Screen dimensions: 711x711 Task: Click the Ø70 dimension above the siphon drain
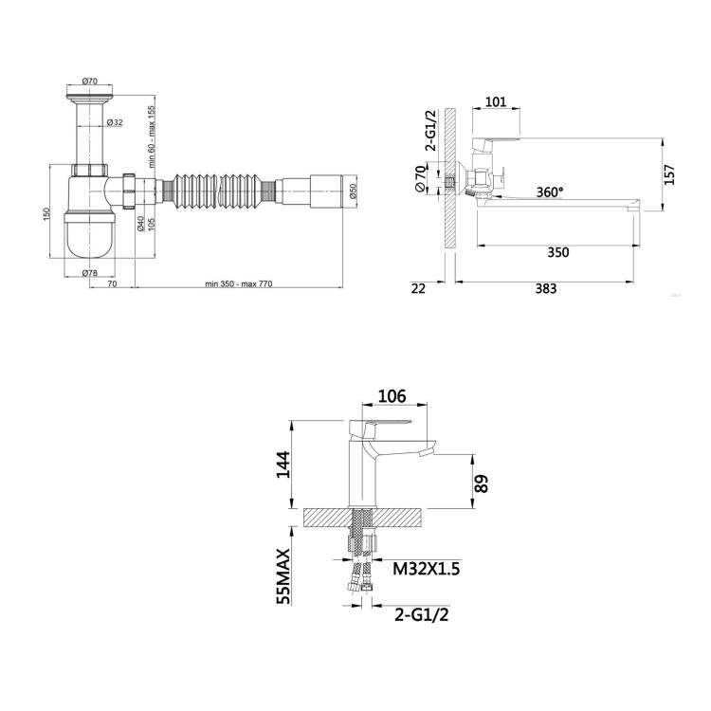(x=90, y=82)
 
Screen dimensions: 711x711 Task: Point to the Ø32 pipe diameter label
(x=115, y=122)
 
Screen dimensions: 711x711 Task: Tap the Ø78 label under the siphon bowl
(x=90, y=273)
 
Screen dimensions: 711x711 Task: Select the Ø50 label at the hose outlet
(x=354, y=191)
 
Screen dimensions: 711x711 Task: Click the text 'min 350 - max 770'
(x=239, y=283)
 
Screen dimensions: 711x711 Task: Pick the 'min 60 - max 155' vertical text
(x=152, y=137)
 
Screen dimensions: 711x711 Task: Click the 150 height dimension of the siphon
(x=46, y=213)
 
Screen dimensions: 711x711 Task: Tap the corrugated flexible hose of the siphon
(x=219, y=191)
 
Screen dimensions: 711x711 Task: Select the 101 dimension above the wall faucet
(x=496, y=101)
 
